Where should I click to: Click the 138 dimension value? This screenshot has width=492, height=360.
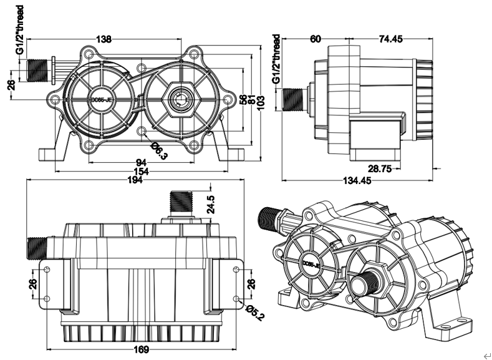coord(104,39)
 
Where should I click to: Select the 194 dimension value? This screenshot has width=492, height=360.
coord(135,180)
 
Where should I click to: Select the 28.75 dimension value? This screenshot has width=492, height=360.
coord(379,168)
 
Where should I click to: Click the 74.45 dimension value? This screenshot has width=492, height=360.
coord(390,39)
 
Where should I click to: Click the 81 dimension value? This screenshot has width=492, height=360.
coord(252,100)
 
